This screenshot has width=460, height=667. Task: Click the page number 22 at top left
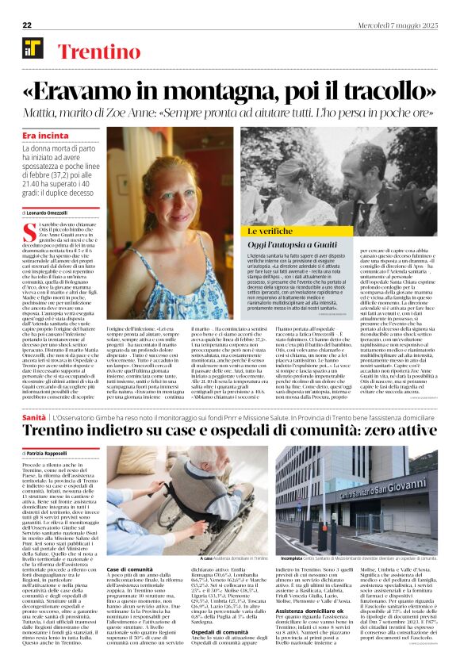click(28, 6)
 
